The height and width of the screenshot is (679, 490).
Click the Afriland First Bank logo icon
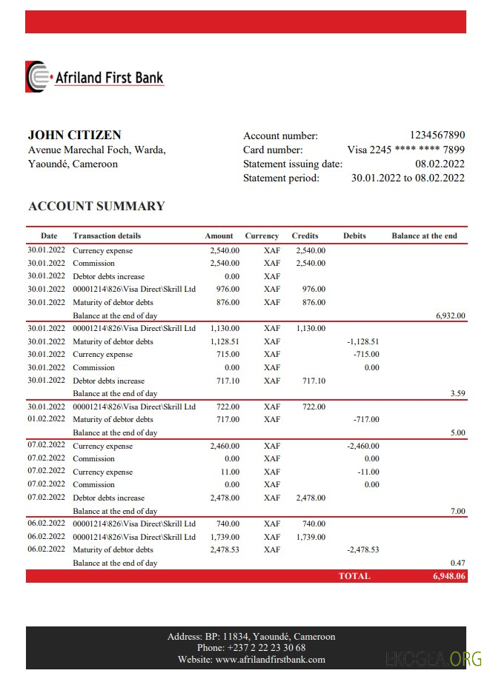(x=37, y=77)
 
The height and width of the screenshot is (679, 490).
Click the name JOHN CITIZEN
(x=74, y=135)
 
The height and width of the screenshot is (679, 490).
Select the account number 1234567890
(x=437, y=135)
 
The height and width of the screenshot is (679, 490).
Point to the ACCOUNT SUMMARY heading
(x=96, y=206)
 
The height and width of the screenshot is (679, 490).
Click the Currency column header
(x=262, y=235)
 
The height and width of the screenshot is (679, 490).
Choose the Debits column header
(x=354, y=235)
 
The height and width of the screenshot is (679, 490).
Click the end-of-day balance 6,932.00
(x=450, y=315)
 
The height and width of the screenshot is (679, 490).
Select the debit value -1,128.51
(x=362, y=341)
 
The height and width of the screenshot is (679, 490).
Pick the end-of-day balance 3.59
(x=457, y=393)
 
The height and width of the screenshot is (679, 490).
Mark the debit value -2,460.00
(x=362, y=446)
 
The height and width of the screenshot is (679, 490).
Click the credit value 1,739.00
(x=311, y=537)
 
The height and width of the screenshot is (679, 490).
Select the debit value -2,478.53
(x=362, y=549)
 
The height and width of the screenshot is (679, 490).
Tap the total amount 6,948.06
(x=449, y=575)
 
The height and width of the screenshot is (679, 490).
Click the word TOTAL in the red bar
(x=354, y=575)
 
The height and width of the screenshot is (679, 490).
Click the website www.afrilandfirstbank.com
(x=271, y=659)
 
